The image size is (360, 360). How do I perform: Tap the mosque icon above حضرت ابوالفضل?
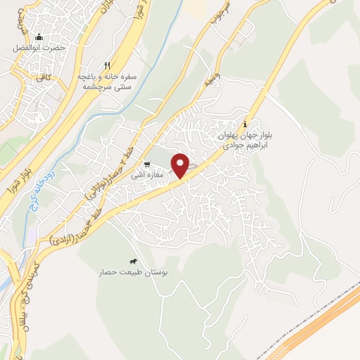(x=39, y=37)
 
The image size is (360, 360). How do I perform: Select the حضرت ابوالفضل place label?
(x=39, y=49)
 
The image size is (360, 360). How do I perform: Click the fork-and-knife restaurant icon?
(x=107, y=64)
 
